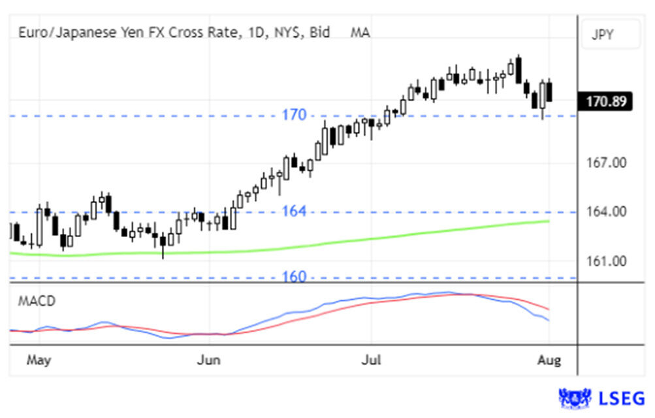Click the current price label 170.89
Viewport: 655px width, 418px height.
(605, 101)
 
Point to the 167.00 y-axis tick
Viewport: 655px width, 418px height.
(605, 162)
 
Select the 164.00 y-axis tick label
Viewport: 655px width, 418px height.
(605, 212)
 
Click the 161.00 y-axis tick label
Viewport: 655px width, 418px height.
(605, 261)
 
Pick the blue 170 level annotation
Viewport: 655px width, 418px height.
(294, 116)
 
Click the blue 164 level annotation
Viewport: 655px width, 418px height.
(294, 212)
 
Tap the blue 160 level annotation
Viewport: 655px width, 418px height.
(294, 277)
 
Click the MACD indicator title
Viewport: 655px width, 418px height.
(37, 301)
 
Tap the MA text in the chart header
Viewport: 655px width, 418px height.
(360, 31)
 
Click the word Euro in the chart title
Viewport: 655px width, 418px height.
(31, 31)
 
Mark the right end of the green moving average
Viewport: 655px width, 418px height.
(549, 221)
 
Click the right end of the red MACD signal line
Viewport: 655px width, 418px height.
(549, 310)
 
